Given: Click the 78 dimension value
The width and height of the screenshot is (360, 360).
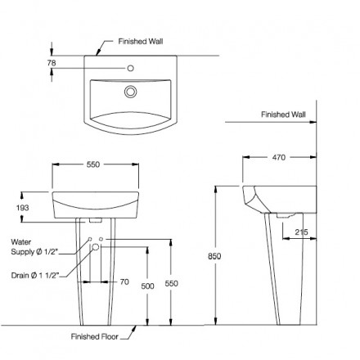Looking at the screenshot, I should [x=52, y=61].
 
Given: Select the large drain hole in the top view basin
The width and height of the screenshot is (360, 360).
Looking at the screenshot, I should [x=129, y=92].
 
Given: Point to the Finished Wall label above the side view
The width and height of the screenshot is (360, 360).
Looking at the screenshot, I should [x=283, y=115].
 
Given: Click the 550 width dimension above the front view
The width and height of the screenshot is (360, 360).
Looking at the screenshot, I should [x=92, y=165].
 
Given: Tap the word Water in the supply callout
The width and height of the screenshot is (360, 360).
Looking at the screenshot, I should [x=22, y=242].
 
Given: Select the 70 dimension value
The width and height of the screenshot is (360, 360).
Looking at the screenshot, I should [x=124, y=281].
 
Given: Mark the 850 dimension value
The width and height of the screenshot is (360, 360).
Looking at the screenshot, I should [x=214, y=255].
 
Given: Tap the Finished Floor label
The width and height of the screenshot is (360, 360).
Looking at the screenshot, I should [x=96, y=335].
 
